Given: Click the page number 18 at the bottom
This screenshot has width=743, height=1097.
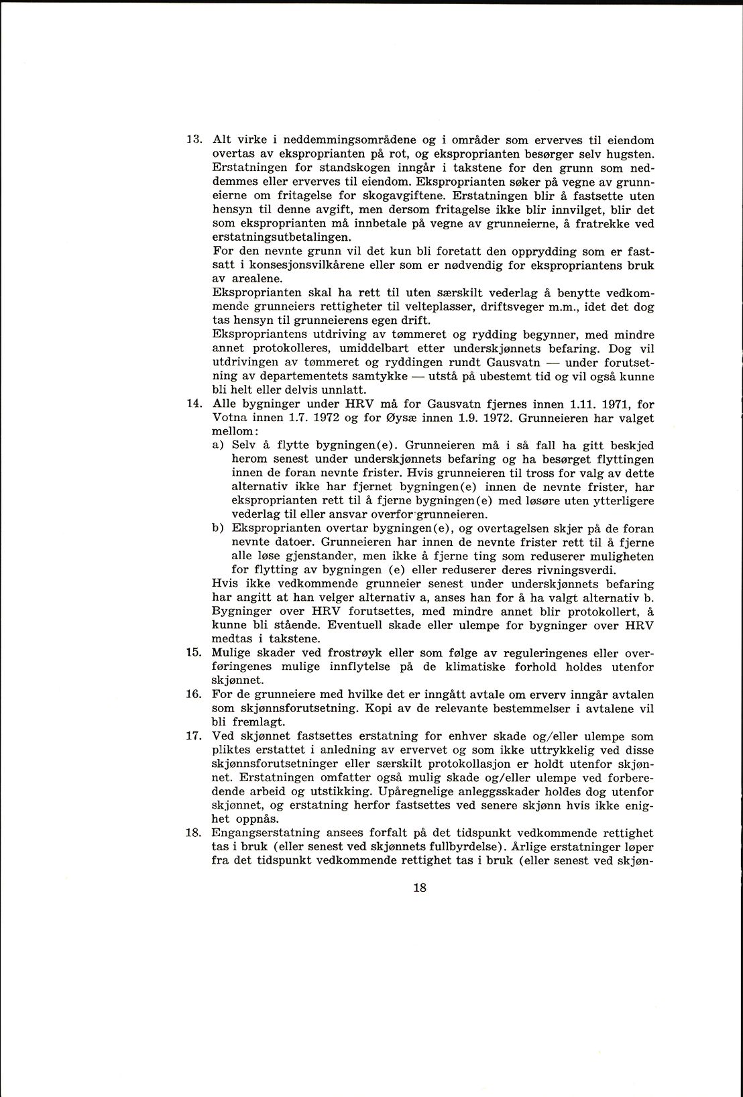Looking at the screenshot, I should (420, 888).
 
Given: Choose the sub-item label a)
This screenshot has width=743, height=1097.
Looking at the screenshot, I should (218, 445).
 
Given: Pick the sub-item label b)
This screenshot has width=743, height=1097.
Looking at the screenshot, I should (218, 528).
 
